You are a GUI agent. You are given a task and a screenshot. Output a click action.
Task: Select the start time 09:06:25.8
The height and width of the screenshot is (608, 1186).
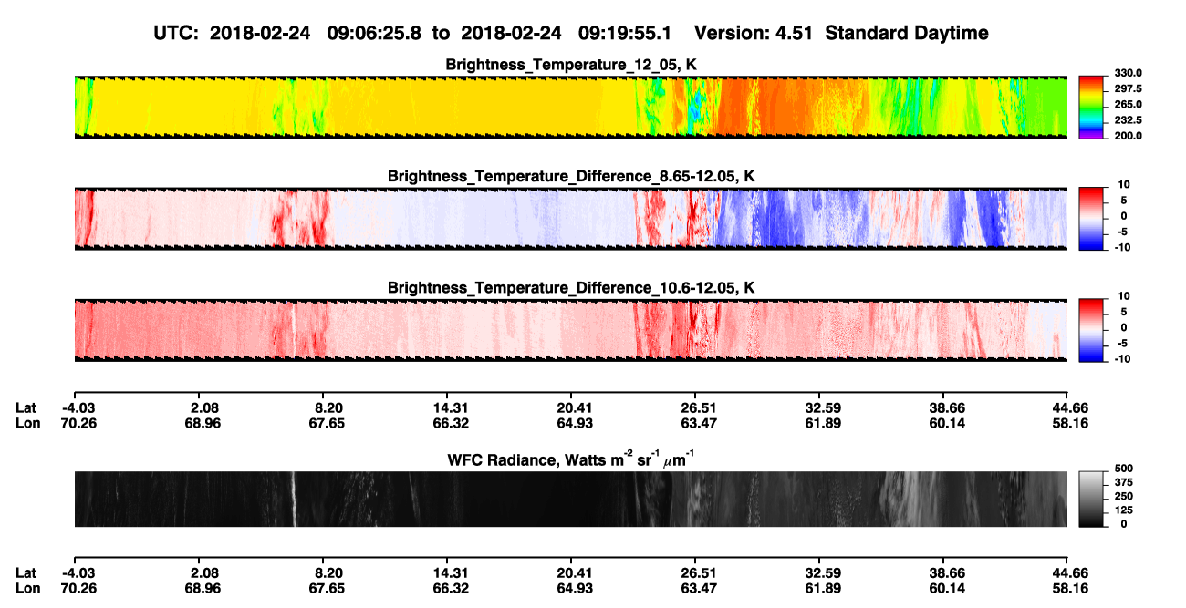point(374,33)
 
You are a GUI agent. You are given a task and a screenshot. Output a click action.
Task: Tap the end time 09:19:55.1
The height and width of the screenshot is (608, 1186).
point(625,33)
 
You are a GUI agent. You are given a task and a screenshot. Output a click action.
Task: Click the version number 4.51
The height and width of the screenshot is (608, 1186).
point(794,33)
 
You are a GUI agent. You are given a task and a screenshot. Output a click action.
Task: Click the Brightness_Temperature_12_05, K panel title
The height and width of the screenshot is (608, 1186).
point(571,65)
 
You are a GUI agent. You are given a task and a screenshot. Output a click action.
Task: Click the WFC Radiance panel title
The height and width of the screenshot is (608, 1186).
point(570,459)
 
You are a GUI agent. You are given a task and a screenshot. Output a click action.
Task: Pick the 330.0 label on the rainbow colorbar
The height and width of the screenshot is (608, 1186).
point(1128,73)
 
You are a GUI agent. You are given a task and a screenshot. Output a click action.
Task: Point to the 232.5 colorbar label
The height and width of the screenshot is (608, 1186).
point(1128,120)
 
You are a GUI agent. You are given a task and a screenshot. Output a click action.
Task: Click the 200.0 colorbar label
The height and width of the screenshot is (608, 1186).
point(1128,136)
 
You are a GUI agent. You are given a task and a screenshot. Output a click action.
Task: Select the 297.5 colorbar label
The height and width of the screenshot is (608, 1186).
point(1128,88)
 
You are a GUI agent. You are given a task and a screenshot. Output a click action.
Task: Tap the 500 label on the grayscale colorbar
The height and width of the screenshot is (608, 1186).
point(1124,469)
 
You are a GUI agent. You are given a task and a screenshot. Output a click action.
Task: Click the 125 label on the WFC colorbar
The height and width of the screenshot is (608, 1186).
point(1124,510)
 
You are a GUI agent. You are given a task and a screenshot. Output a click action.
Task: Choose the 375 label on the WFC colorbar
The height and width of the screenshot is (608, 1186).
point(1124,482)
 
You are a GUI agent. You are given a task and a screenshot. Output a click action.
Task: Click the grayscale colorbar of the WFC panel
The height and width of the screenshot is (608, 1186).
point(1091,499)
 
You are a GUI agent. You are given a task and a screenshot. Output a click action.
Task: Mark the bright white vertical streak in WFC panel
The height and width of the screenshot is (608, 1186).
point(293,499)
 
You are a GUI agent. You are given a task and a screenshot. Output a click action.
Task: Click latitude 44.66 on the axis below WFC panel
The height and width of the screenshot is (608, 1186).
point(1070,572)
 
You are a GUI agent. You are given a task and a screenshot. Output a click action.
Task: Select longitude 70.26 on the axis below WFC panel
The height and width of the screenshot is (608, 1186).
point(78,588)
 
